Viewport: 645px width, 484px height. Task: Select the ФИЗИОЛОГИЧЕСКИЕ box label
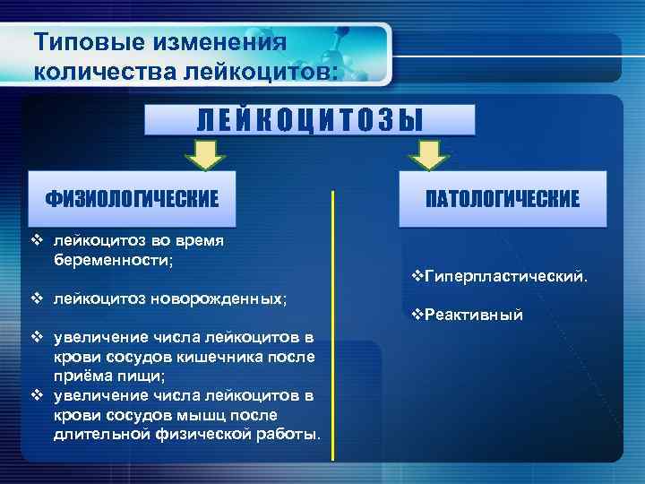pos(133,198)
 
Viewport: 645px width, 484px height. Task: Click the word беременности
pos(112,258)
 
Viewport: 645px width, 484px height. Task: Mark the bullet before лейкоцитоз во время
pos(37,239)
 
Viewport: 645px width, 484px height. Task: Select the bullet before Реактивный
pos(416,315)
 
